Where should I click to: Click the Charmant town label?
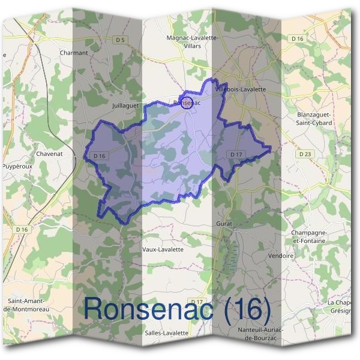coord(74,53)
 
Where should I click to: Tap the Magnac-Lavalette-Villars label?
coord(193,41)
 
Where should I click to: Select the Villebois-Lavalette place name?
coord(240,89)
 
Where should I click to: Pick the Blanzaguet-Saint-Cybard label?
coord(315,118)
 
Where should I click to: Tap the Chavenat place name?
coord(50,154)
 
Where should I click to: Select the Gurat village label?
coord(224,223)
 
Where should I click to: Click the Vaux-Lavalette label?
coord(163,249)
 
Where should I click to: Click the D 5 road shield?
coord(121,40)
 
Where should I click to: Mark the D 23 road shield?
coord(305,154)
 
